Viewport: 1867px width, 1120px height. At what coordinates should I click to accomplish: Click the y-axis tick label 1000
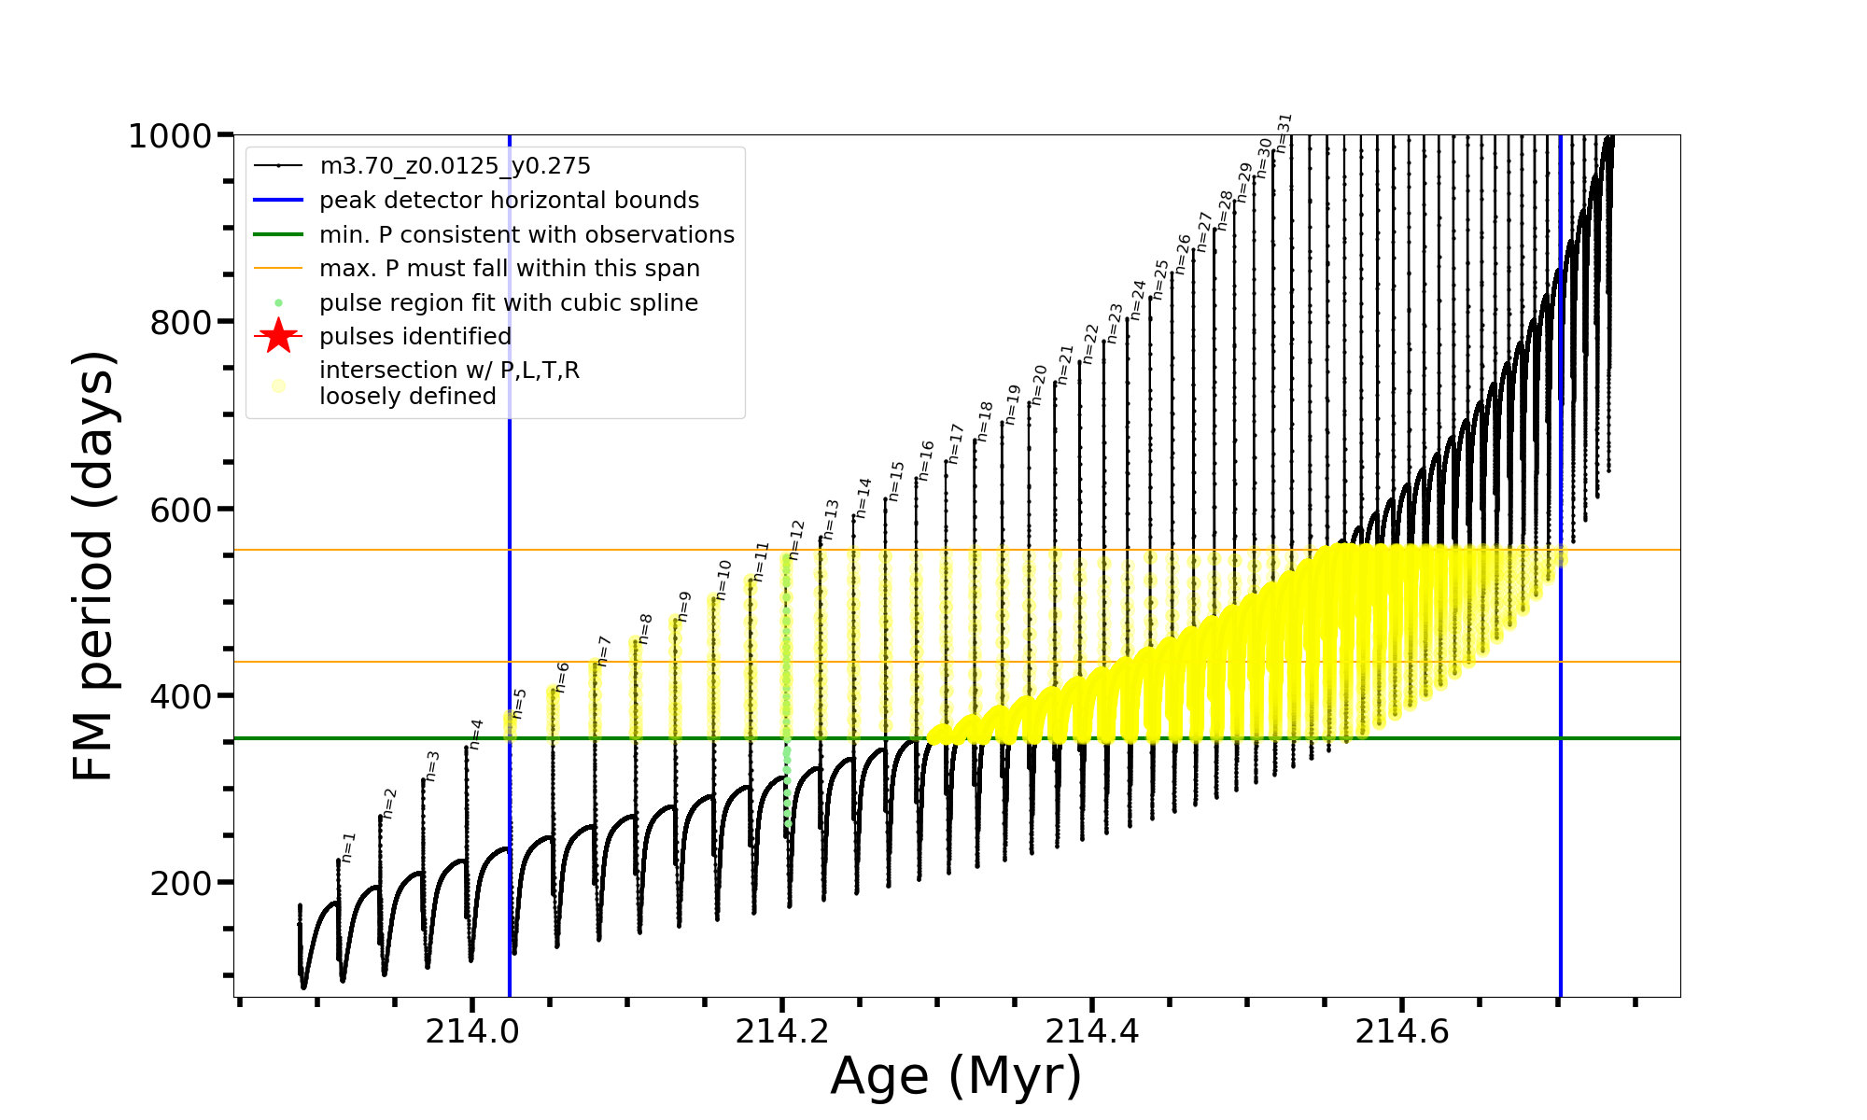coord(170,136)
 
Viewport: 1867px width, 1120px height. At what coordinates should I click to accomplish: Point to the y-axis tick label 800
coord(181,323)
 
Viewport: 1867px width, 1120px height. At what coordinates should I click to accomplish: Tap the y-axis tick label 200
coord(181,883)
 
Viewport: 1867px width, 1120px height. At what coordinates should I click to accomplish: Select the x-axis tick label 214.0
coord(472,1031)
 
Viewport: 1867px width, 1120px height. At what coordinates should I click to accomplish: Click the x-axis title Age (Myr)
coord(956,1076)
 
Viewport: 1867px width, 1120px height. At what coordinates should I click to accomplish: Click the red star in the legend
coord(278,336)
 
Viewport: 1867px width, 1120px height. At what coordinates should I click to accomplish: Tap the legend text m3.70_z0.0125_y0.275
coord(455,166)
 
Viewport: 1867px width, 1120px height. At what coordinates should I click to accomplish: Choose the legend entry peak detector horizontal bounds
coord(509,201)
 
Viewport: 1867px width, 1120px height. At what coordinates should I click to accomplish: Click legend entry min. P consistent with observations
coord(526,234)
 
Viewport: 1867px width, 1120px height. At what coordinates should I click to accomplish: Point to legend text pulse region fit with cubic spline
coord(508,303)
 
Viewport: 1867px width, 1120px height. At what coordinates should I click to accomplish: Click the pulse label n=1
coord(348,847)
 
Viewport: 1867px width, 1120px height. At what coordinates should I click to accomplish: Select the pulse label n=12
coord(796,539)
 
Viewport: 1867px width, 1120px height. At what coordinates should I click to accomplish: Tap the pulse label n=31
coord(1284,133)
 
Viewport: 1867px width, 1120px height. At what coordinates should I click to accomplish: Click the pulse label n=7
coord(604,651)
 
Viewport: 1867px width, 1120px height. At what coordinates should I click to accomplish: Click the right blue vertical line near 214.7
coord(1561,747)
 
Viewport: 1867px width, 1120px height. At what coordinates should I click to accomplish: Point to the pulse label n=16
coord(925,461)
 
